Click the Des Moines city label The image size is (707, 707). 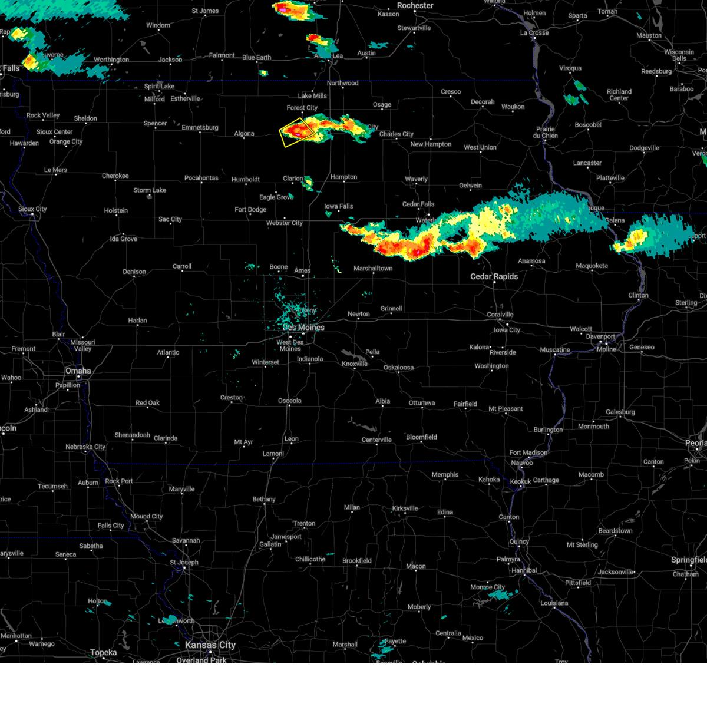click(x=303, y=328)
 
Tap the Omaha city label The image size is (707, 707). click(x=78, y=371)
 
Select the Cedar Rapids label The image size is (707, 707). click(x=494, y=276)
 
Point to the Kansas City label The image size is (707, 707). click(x=210, y=645)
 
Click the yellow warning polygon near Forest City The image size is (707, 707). click(x=297, y=131)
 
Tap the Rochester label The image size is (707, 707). click(x=415, y=5)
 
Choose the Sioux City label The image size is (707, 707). click(x=32, y=209)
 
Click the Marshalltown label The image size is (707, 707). click(x=373, y=269)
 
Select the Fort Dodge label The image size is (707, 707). click(x=250, y=210)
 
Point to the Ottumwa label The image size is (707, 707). click(x=422, y=403)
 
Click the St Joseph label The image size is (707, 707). click(x=184, y=562)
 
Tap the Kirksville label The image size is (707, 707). click(x=405, y=508)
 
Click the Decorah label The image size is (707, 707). click(x=483, y=102)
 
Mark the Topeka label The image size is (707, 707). click(x=104, y=652)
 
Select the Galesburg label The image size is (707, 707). click(x=620, y=412)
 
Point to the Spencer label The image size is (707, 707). click(x=156, y=124)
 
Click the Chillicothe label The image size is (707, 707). click(x=310, y=559)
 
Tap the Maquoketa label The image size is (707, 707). click(x=592, y=266)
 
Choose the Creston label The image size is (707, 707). click(x=232, y=398)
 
